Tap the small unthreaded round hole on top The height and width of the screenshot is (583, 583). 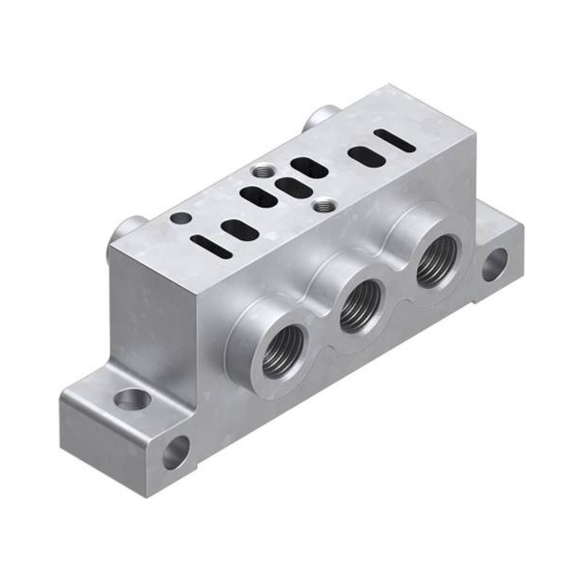(x=181, y=218)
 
